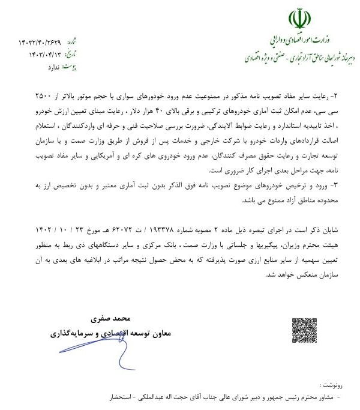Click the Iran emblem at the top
point(299,19)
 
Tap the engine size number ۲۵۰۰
point(44,95)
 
